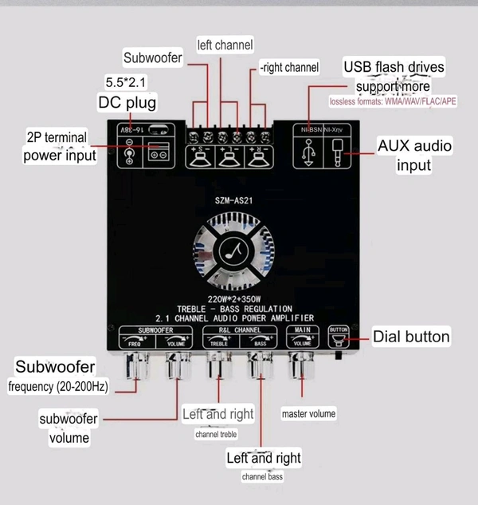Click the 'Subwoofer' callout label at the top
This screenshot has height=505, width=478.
click(153, 57)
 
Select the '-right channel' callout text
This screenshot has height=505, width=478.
click(288, 67)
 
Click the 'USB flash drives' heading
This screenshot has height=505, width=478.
click(394, 67)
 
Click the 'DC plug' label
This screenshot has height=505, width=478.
click(127, 102)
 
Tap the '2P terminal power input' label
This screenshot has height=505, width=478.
click(60, 147)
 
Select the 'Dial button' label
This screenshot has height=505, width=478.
click(411, 337)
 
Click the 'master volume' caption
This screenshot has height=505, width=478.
click(308, 414)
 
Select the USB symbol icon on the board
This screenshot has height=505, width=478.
click(309, 152)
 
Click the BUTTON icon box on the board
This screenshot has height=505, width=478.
click(338, 337)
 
